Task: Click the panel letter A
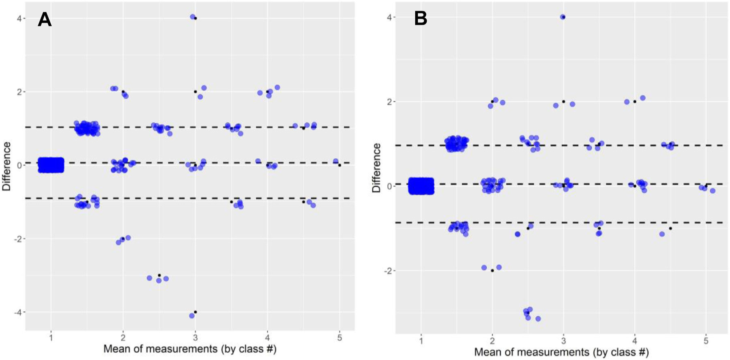tap(45, 19)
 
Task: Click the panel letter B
tap(421, 19)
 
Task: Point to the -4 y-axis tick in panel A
tap(17, 312)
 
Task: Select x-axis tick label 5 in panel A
tap(339, 337)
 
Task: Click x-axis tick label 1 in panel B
tap(421, 341)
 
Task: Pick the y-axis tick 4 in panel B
tap(389, 17)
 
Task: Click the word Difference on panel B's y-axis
tap(376, 168)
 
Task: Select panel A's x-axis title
tap(190, 349)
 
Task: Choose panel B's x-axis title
tap(561, 352)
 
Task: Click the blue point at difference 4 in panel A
tap(193, 17)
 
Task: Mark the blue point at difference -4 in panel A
tap(192, 315)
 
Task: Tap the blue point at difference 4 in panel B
tap(563, 17)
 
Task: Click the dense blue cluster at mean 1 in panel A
tap(51, 165)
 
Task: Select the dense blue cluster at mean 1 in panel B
tap(421, 186)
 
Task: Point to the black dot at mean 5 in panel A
tap(339, 165)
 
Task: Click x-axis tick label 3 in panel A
tap(195, 337)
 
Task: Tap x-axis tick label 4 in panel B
tap(635, 341)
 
